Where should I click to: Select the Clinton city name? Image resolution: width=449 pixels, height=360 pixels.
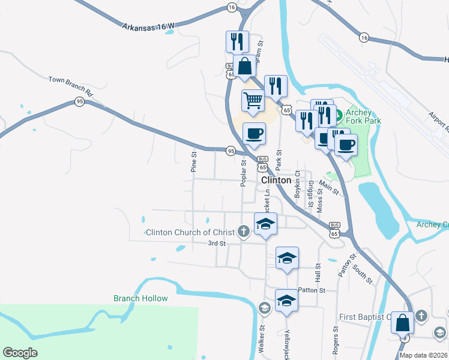pyautogui.click(x=276, y=180)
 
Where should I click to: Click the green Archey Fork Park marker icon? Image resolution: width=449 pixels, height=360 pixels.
pyautogui.click(x=337, y=114)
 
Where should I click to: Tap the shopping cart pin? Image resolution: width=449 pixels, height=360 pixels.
pyautogui.click(x=253, y=100)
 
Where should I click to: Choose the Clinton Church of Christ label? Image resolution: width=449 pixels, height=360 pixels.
pyautogui.click(x=190, y=232)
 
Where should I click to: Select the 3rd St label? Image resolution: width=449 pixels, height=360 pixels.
pyautogui.click(x=216, y=244)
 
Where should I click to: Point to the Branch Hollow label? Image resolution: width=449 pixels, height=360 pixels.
pyautogui.click(x=140, y=298)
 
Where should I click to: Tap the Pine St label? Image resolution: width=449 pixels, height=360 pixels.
pyautogui.click(x=194, y=162)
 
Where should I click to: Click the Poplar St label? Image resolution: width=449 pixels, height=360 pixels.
pyautogui.click(x=244, y=173)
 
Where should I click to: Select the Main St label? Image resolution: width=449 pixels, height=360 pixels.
pyautogui.click(x=329, y=188)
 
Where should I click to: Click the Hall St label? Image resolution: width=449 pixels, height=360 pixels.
pyautogui.click(x=318, y=275)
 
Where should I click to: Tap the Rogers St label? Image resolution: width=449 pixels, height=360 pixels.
pyautogui.click(x=336, y=339)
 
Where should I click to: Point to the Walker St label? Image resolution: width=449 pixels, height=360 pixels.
pyautogui.click(x=262, y=340)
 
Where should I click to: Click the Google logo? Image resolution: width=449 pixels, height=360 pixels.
pyautogui.click(x=20, y=353)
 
